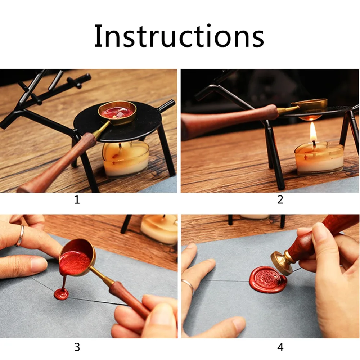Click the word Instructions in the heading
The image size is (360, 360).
[x=179, y=36]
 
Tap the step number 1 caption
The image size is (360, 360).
[x=77, y=200]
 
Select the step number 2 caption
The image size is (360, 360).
[x=280, y=200]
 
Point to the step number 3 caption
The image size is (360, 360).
[x=77, y=347]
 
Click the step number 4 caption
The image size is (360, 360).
[x=280, y=347]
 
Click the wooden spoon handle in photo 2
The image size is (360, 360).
[x=230, y=120]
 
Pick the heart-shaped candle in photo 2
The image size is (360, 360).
[x=319, y=159]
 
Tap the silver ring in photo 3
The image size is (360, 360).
[x=20, y=236]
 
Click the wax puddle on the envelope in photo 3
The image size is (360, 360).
[x=61, y=294]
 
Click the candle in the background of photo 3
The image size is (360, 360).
[x=159, y=229]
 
